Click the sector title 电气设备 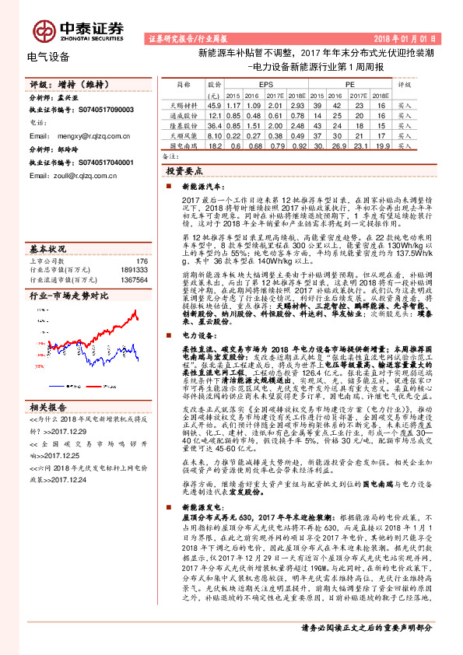(48, 57)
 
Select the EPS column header (266, 82)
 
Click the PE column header (349, 82)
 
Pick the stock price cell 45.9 (215, 103)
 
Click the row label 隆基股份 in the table (184, 124)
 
